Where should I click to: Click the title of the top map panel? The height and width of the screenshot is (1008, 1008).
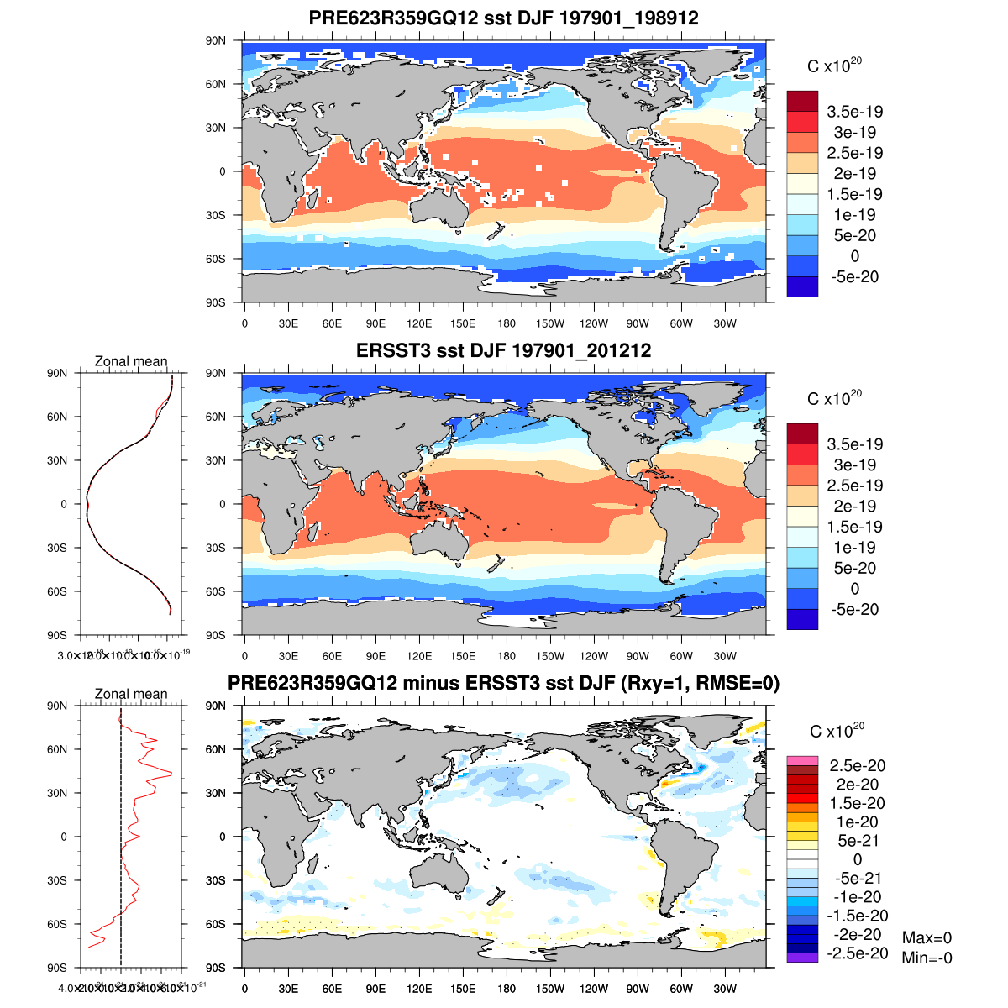point(504,18)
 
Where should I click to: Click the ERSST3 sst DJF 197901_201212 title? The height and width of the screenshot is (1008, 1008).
point(504,350)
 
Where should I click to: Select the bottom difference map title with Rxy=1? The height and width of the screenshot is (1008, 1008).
point(504,684)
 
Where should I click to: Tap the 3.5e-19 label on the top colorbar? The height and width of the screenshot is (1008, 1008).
point(855,112)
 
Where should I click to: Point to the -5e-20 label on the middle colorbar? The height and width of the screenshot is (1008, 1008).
point(855,609)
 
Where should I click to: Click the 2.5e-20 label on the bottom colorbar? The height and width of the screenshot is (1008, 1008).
point(857,765)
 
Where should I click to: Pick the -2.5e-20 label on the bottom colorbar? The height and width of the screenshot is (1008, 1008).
point(857,953)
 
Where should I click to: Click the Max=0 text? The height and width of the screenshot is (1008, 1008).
point(927,938)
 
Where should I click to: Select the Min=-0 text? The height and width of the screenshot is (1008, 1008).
point(927,958)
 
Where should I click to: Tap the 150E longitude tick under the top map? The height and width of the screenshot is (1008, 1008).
point(463,323)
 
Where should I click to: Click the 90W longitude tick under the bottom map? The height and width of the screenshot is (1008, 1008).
point(638,989)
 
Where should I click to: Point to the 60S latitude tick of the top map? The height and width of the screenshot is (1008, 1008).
point(217,259)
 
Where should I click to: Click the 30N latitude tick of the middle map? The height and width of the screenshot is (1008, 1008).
point(217,460)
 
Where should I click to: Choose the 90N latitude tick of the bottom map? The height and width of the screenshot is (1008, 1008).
point(217,706)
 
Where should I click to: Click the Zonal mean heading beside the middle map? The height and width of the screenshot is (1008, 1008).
point(131,361)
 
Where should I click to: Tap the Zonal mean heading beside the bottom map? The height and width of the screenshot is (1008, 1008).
point(131,694)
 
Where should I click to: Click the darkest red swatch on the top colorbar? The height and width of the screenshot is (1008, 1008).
point(802,101)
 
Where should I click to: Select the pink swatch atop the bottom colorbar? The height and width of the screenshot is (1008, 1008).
point(802,760)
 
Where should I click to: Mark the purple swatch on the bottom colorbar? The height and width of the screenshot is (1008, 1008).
point(802,958)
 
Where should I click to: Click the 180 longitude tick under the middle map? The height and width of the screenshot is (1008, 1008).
point(507,656)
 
